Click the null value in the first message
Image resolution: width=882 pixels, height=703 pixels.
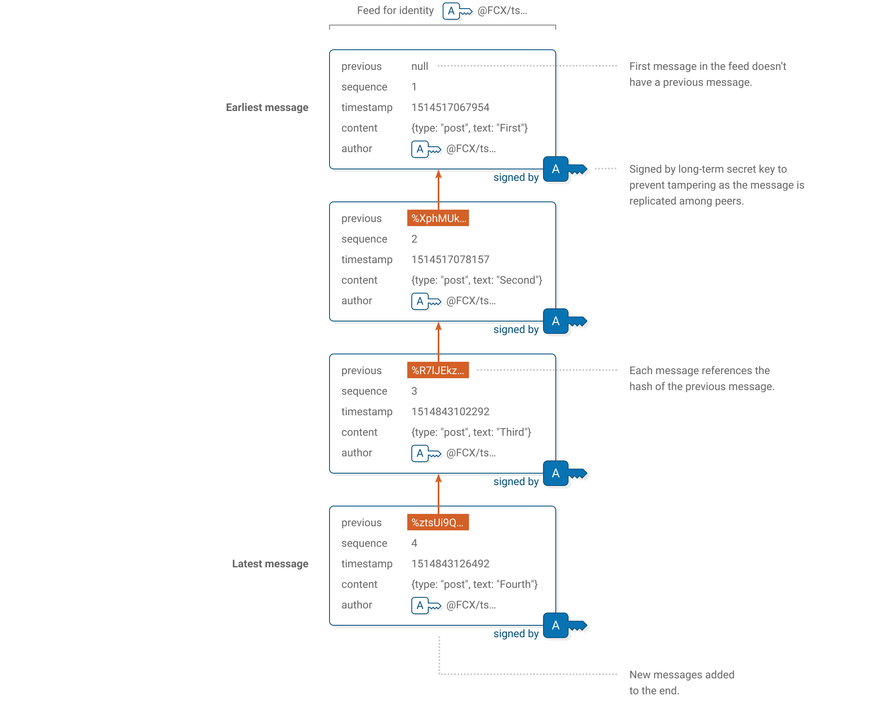pyautogui.click(x=420, y=66)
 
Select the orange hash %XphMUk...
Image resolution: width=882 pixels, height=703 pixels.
pyautogui.click(x=438, y=218)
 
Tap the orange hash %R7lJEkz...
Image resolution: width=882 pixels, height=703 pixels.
pyautogui.click(x=438, y=370)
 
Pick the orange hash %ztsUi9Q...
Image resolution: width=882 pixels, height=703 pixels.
pyautogui.click(x=438, y=523)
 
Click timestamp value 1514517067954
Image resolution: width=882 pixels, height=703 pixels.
pyautogui.click(x=450, y=107)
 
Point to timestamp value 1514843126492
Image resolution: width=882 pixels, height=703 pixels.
pyautogui.click(x=450, y=564)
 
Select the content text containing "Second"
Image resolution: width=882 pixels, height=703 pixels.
pyautogui.click(x=476, y=280)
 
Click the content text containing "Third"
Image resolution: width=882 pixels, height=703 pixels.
pyautogui.click(x=471, y=432)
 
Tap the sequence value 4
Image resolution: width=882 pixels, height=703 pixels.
pyautogui.click(x=414, y=543)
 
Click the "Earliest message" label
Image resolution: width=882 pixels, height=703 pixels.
pyautogui.click(x=267, y=107)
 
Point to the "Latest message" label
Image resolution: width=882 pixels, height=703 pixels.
pyautogui.click(x=270, y=564)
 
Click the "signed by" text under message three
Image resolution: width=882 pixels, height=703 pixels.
pyautogui.click(x=516, y=481)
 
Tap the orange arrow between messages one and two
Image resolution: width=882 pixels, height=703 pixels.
pyautogui.click(x=439, y=187)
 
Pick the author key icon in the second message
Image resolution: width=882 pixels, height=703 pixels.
pyautogui.click(x=426, y=301)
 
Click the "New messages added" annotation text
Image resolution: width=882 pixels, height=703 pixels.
pyautogui.click(x=682, y=675)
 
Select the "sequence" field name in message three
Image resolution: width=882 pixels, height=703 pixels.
pyautogui.click(x=364, y=391)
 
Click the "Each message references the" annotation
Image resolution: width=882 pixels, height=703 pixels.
pyautogui.click(x=699, y=370)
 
